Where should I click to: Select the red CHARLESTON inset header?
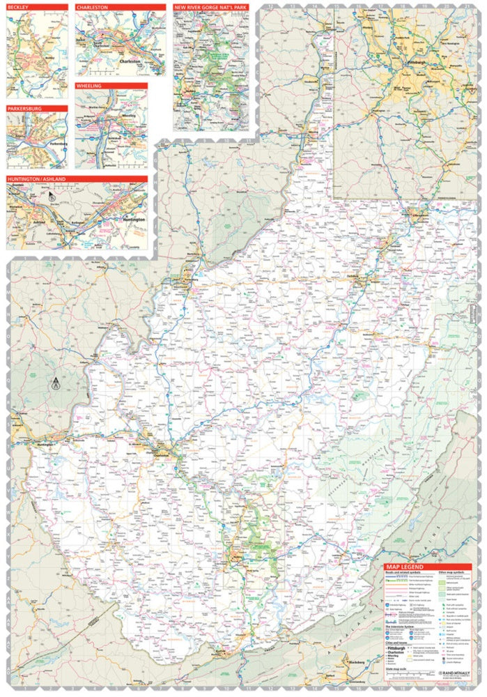click(x=93, y=7)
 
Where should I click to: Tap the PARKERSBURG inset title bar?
click(x=26, y=109)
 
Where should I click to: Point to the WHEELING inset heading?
click(x=90, y=86)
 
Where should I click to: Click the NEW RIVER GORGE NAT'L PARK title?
click(x=210, y=7)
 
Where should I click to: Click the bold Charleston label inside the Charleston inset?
click(x=130, y=61)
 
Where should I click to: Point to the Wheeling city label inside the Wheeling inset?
click(x=128, y=116)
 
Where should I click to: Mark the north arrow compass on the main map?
click(x=55, y=382)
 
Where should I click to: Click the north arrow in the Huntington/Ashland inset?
click(x=52, y=197)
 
